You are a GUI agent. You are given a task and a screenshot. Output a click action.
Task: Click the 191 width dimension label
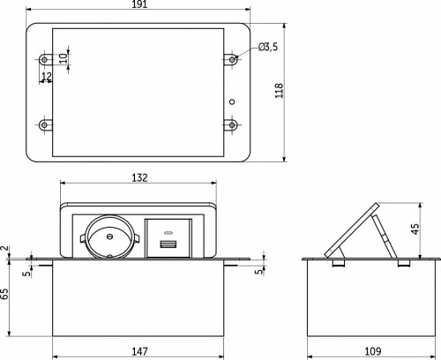click(x=139, y=4)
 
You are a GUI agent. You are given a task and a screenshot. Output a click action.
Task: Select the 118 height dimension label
click(x=279, y=90)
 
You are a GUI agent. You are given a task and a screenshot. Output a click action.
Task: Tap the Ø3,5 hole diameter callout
click(x=268, y=47)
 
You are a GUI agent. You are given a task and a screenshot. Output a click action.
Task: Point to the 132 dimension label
click(x=139, y=177)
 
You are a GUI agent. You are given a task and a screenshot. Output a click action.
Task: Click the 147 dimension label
click(x=139, y=351)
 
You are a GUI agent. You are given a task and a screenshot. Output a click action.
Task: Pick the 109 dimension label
click(x=373, y=351)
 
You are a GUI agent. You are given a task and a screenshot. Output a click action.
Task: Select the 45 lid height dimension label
click(x=415, y=229)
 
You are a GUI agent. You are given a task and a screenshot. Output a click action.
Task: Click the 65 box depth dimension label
click(x=4, y=294)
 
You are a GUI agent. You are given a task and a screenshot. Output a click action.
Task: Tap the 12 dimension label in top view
click(x=47, y=76)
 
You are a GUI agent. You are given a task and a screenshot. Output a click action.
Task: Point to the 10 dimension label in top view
click(x=63, y=58)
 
